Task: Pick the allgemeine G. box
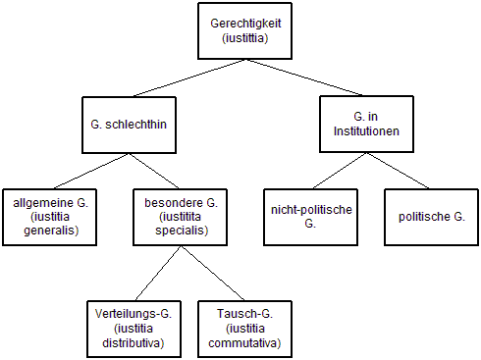coord(49,217)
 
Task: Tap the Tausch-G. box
coord(244,328)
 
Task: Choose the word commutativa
coord(244,343)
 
